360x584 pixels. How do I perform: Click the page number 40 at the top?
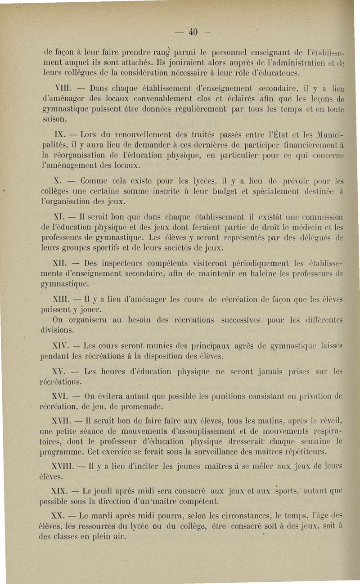pos(193,32)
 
